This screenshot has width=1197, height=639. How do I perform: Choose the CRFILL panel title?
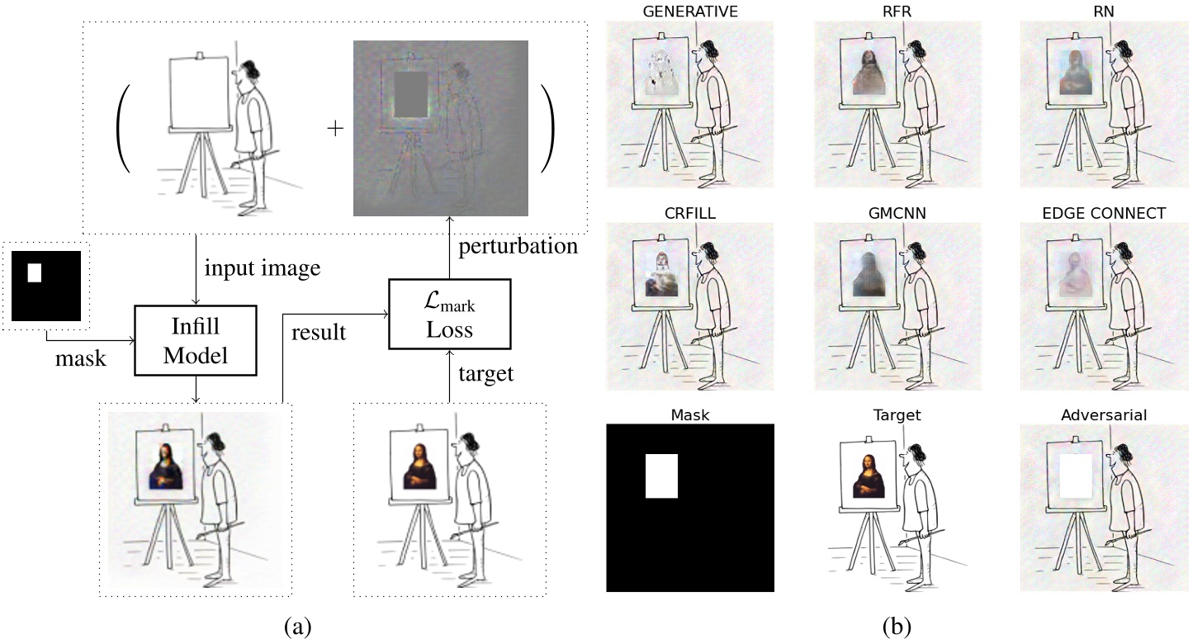690,212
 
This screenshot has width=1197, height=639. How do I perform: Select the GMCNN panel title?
897,212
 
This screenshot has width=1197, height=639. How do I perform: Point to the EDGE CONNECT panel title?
1105,212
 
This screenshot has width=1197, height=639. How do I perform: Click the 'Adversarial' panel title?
1105,414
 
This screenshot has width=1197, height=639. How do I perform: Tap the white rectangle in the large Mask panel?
661,476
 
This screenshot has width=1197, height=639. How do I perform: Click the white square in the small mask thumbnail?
35,272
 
